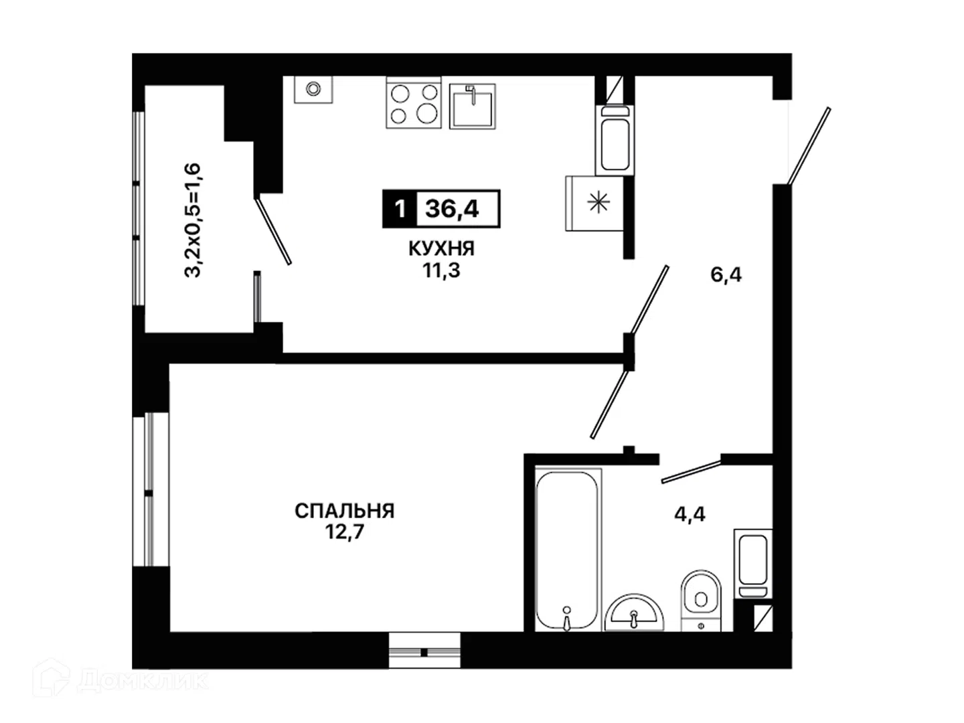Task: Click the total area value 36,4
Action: tap(451, 208)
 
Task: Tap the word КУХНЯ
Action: tap(441, 249)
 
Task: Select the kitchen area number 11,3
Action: tap(441, 271)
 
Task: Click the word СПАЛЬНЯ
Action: tap(344, 511)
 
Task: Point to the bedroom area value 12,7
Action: tap(344, 532)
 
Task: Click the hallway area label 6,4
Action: tap(726, 275)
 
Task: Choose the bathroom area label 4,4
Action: tap(690, 514)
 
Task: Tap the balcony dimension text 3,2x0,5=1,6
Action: tap(192, 220)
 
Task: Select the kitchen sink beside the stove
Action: tap(472, 106)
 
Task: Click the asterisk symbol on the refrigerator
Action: tap(598, 204)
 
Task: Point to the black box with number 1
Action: tap(399, 209)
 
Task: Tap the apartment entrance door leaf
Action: tap(809, 146)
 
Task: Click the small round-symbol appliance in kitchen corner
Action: tap(313, 89)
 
